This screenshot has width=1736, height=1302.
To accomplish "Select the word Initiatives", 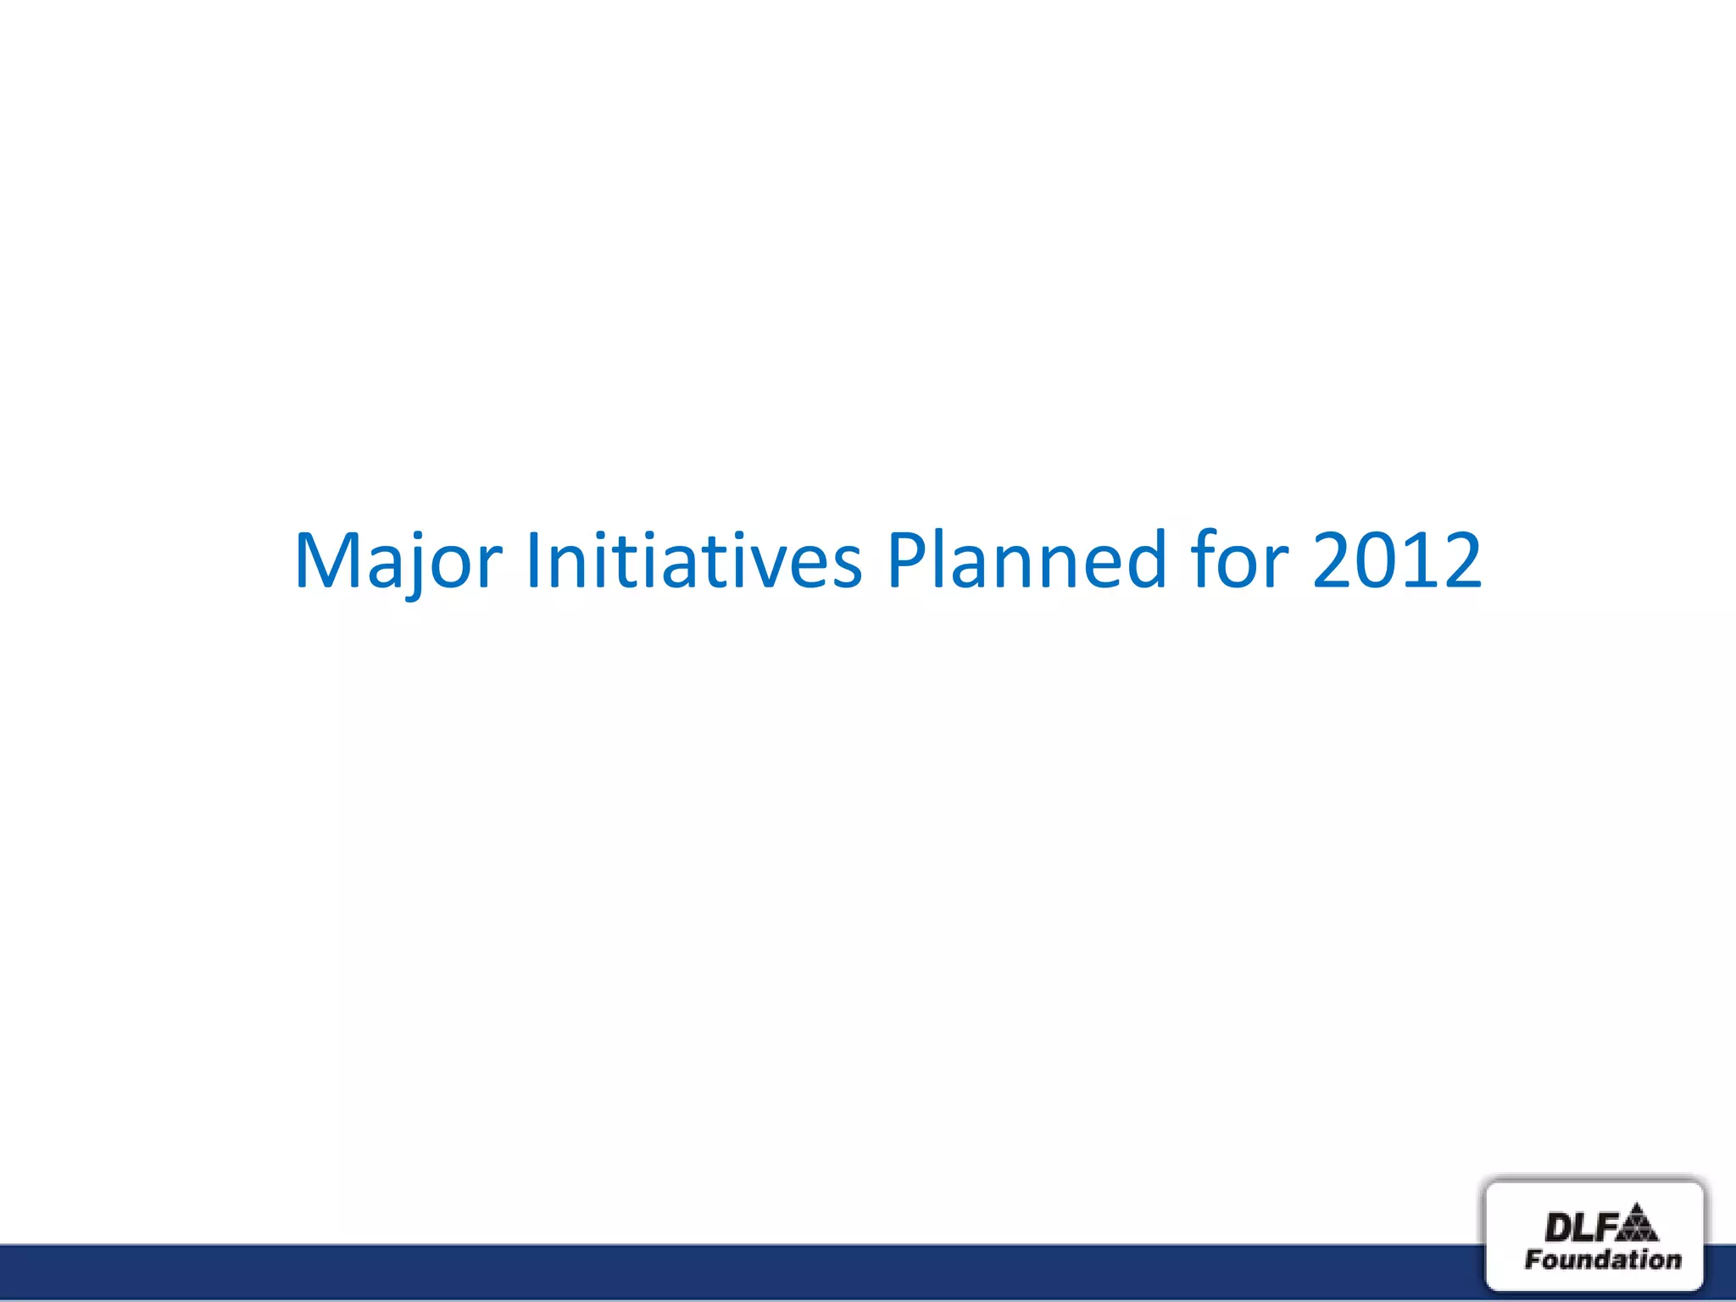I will coord(693,560).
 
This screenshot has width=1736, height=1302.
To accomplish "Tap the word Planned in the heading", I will coord(1026,560).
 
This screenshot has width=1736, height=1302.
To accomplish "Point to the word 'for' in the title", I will coord(1238,560).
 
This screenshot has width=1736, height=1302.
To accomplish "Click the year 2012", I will coord(1397,560).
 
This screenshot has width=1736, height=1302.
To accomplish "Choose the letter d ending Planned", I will coord(1145,560).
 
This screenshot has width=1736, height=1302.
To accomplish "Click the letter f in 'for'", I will coord(1205,559).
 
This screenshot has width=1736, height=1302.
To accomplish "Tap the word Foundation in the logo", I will coord(1602,1260).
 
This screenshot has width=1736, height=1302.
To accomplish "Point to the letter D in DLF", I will coord(1558,1227).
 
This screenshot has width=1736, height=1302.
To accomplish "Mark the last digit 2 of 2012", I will coord(1460,560).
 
